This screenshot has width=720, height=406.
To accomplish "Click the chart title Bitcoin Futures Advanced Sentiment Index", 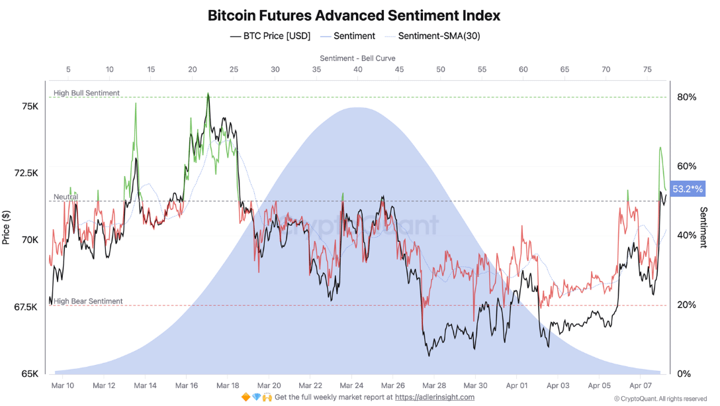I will pos(354,15).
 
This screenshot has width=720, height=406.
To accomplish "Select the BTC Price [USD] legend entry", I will pos(270,36).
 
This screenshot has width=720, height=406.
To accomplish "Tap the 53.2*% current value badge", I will pos(688,189).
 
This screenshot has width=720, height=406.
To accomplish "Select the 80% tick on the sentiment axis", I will pos(687,97).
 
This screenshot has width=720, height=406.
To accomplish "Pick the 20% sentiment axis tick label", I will pos(687,305).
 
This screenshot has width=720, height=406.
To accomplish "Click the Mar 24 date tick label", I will pos(351,385).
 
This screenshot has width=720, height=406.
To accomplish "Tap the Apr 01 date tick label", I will pos(516,385).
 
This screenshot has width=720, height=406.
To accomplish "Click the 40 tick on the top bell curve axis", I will pos(357,69).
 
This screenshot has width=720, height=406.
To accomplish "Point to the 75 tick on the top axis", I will pos(647,69).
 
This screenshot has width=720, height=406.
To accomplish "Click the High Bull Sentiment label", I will pos(87,93).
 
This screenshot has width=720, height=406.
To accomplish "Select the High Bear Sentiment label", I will pos(88,301).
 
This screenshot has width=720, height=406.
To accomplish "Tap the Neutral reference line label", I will pos(66,197).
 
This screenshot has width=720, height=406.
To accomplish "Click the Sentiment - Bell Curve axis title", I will pos(357,58).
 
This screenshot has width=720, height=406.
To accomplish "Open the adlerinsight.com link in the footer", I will pos(434,397).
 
